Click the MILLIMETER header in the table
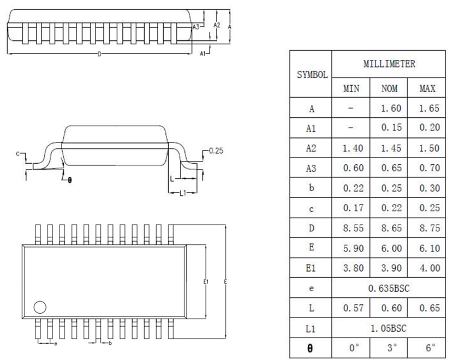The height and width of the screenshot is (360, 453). click(x=389, y=64)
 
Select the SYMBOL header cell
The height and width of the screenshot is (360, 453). click(x=312, y=75)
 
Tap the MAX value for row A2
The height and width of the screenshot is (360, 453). click(x=430, y=148)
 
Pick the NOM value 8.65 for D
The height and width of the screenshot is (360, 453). click(x=391, y=228)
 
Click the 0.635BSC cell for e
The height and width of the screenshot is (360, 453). click(x=389, y=288)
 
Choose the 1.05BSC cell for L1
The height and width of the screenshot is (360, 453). click(x=388, y=328)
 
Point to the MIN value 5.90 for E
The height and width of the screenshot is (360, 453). click(x=353, y=248)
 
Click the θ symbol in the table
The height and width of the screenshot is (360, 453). click(x=310, y=349)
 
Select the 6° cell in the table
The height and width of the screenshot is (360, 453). click(x=430, y=347)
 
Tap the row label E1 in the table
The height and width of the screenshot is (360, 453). click(x=311, y=268)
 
